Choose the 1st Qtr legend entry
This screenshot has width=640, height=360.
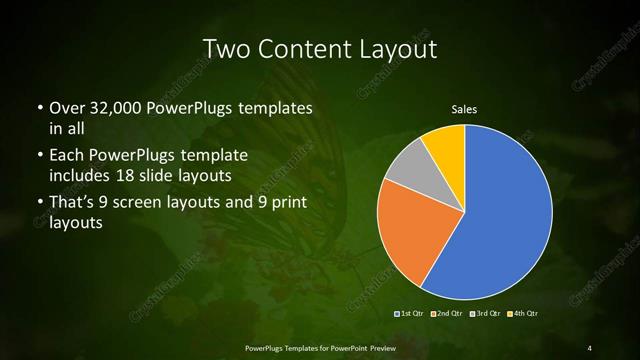click(x=412, y=314)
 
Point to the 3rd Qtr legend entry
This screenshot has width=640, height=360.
click(x=484, y=314)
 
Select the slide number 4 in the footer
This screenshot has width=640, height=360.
click(x=590, y=347)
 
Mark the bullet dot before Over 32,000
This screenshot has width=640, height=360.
click(x=39, y=108)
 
